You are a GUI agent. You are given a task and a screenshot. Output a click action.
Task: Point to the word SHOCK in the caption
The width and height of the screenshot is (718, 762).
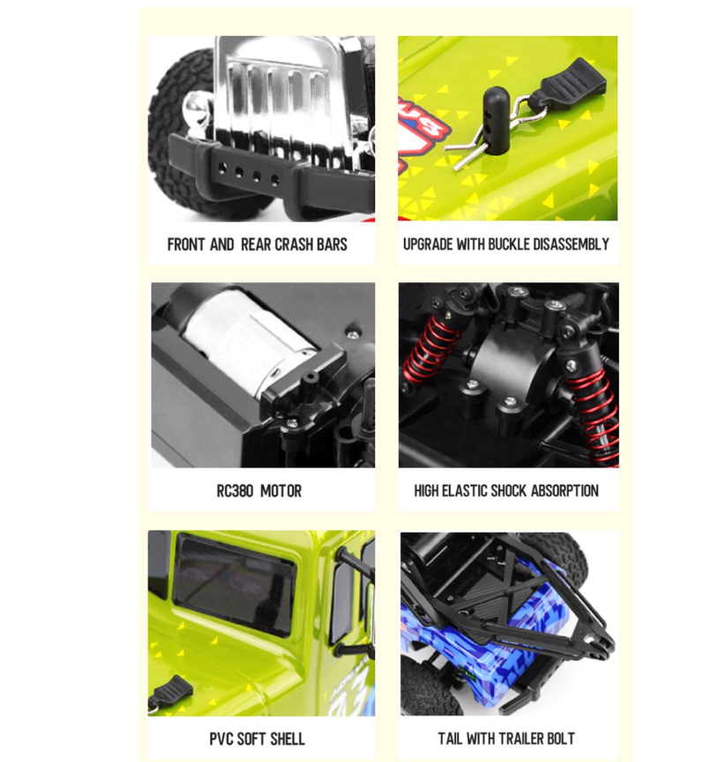point(509,491)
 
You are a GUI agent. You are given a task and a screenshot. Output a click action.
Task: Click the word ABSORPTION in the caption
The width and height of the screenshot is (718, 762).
point(565,491)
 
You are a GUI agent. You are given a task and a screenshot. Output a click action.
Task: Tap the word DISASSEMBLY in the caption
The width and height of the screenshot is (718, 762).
point(572,244)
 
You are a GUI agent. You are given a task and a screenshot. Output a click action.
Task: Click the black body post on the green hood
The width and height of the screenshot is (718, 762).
point(495,121)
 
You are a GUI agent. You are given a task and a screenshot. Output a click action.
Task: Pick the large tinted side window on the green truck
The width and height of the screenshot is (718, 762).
point(235,583)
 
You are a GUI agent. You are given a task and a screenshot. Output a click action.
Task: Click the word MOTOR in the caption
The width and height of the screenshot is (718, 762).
point(281,491)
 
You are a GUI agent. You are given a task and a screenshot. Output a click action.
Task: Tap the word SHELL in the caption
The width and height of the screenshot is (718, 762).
point(288,739)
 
